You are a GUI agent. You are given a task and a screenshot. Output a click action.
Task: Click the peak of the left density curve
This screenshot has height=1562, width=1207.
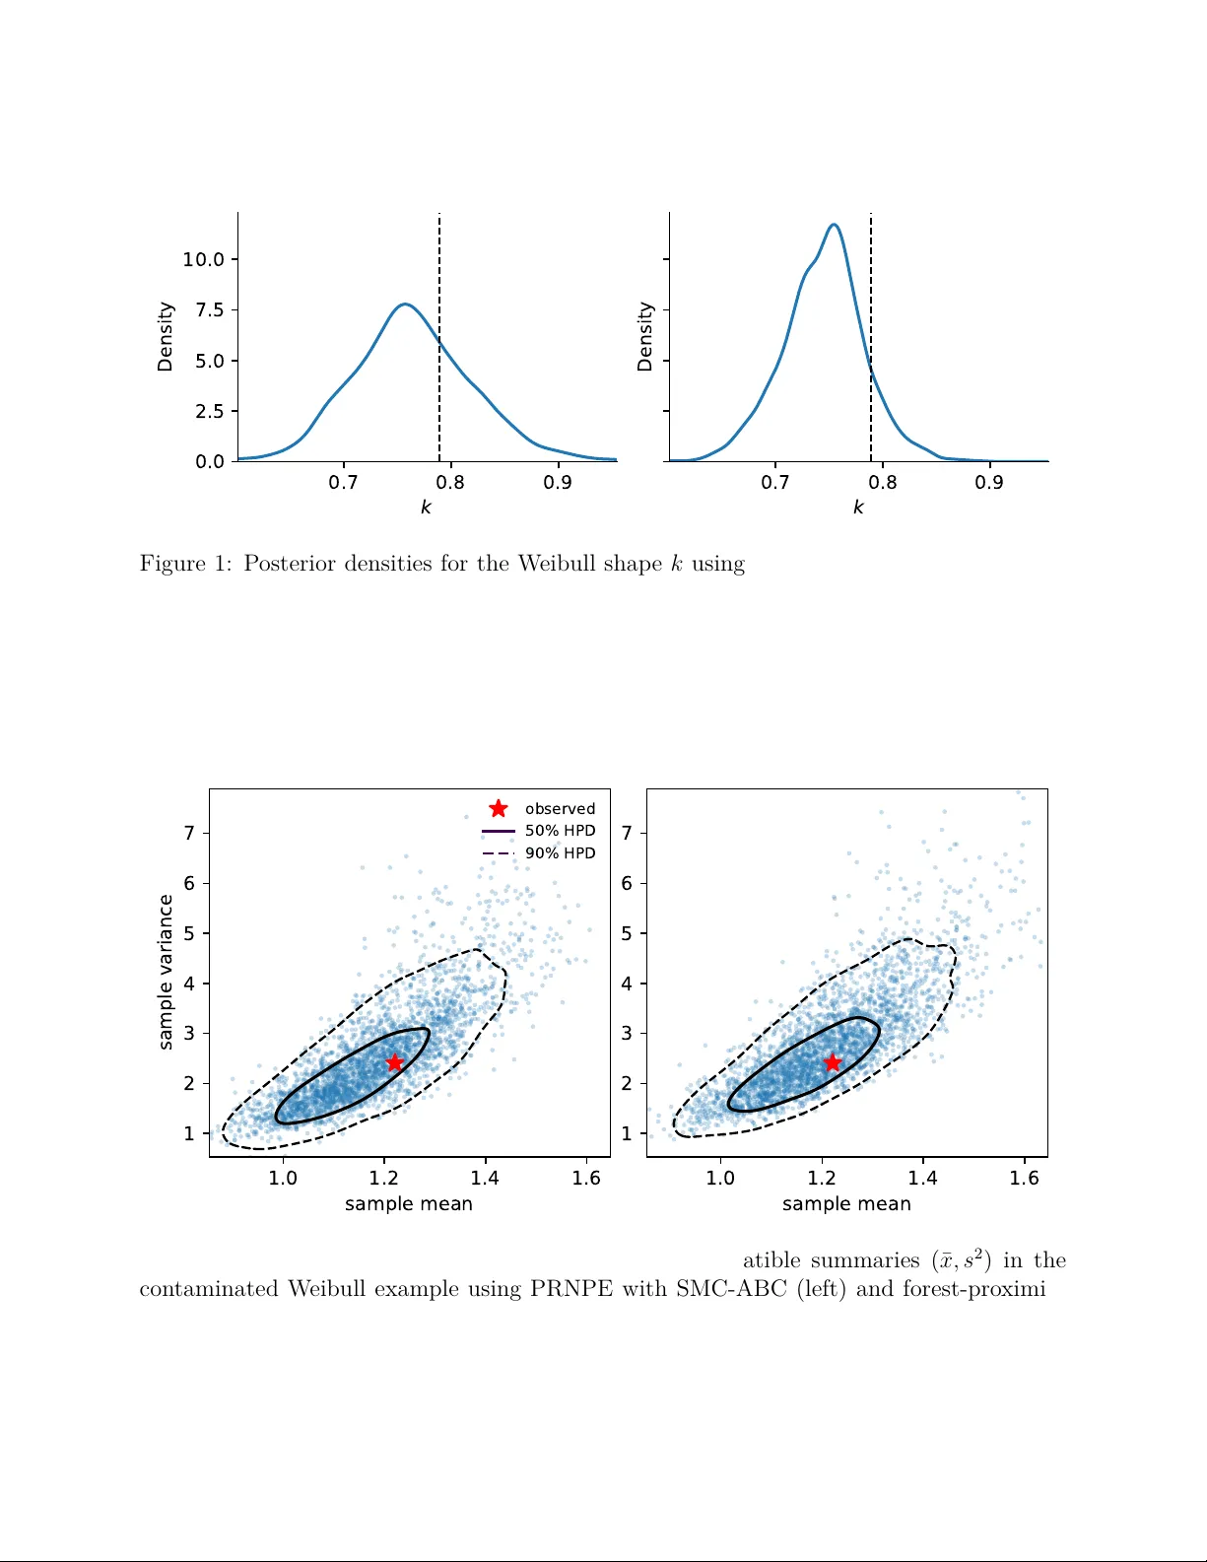pyautogui.click(x=405, y=305)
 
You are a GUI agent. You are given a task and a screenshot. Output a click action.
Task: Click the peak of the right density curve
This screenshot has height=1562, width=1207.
pyautogui.click(x=834, y=226)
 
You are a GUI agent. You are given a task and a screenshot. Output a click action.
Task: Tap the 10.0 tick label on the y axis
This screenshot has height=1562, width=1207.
pyautogui.click(x=204, y=260)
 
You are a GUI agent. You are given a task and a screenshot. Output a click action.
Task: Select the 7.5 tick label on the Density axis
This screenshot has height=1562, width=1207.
pyautogui.click(x=210, y=310)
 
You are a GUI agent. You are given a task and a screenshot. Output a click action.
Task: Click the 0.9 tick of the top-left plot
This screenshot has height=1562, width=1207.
pyautogui.click(x=558, y=483)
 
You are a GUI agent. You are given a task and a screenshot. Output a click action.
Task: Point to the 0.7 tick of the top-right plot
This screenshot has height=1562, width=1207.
pyautogui.click(x=775, y=483)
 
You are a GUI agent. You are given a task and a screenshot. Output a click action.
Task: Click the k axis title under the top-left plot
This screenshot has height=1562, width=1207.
pyautogui.click(x=426, y=508)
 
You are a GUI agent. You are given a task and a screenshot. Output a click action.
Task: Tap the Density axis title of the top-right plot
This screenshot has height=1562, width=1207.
pyautogui.click(x=645, y=337)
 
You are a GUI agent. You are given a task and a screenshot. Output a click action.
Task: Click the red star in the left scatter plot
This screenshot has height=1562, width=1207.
pyautogui.click(x=394, y=1062)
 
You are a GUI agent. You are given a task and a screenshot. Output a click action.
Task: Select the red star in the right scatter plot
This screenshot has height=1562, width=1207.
pyautogui.click(x=833, y=1062)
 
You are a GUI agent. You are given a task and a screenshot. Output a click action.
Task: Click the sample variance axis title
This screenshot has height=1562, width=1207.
pyautogui.click(x=166, y=972)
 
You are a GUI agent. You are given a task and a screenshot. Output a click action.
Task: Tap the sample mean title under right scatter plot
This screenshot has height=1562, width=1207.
pyautogui.click(x=846, y=1204)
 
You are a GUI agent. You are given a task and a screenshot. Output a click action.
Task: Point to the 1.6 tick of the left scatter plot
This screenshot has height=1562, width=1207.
pyautogui.click(x=586, y=1179)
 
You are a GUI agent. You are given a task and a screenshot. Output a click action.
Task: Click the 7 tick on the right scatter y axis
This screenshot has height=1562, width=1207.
pyautogui.click(x=627, y=834)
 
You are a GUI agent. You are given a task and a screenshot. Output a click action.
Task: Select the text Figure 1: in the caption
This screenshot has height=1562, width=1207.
pyautogui.click(x=186, y=564)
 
